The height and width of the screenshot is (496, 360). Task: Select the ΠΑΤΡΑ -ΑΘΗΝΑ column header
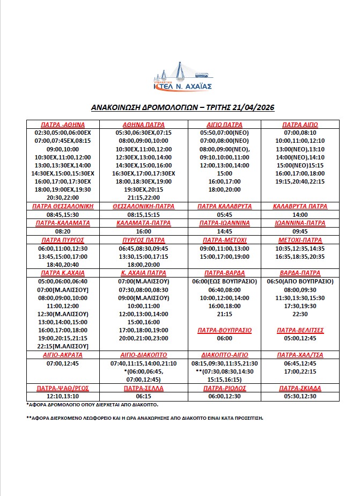[x=63, y=125]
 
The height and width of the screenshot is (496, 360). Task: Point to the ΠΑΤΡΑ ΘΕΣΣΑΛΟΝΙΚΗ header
[x=63, y=206]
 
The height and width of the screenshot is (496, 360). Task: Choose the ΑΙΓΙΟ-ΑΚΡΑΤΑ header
[x=63, y=355]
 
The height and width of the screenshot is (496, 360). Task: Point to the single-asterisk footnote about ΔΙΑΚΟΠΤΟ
[x=92, y=404]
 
